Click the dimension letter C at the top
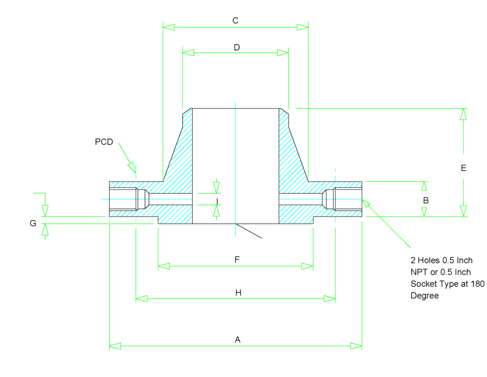coord(235,20)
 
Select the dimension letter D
coord(236,47)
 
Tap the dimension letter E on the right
coord(464,168)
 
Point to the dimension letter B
coord(426,200)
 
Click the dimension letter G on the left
coord(33,223)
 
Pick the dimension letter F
coord(237,259)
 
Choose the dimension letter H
coord(238,293)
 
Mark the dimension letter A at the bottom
coord(238,339)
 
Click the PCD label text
coord(104,142)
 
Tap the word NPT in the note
coord(420,272)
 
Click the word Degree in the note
coord(425,295)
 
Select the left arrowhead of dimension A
coord(116,346)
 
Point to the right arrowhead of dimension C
coord(302,27)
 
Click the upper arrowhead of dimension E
coord(463,114)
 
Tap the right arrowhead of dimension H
coord(330,299)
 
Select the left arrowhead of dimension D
coord(189,53)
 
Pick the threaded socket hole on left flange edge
coord(123,199)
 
